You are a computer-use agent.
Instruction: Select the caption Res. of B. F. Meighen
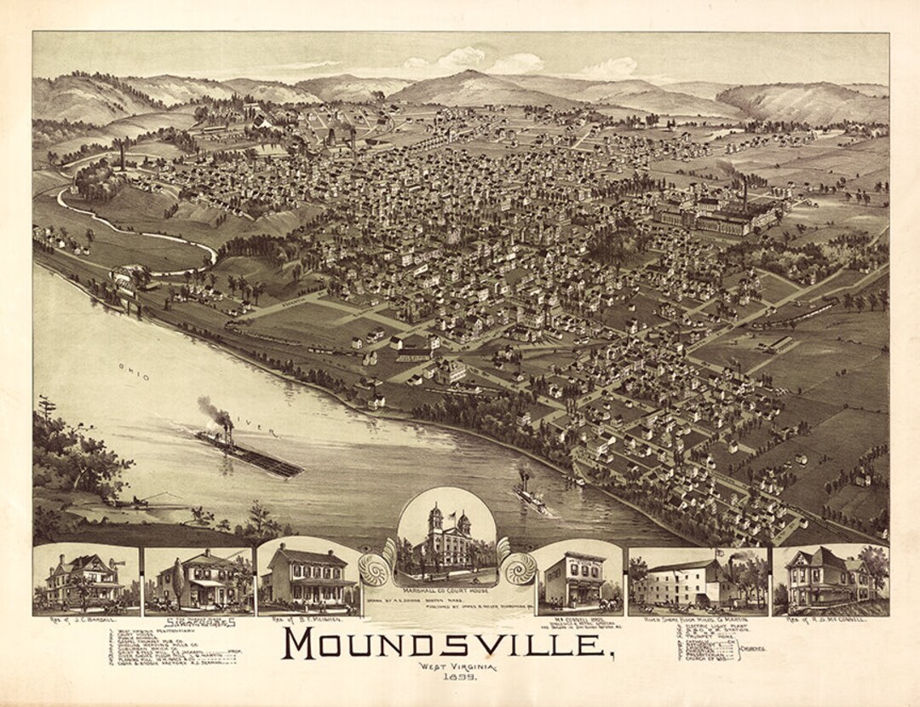tap(311, 619)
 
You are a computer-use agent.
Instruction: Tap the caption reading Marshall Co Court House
tap(446, 591)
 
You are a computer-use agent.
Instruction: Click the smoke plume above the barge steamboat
tap(215, 411)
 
